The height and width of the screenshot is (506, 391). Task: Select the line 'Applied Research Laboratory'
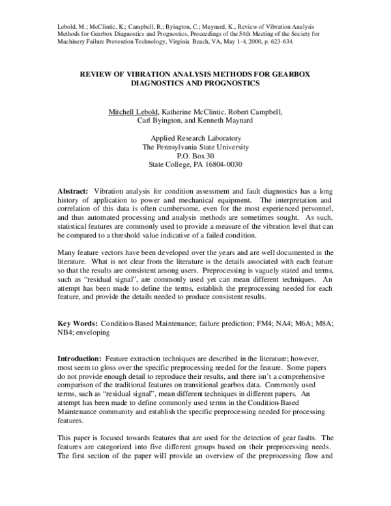(195, 138)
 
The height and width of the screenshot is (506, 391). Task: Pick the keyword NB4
(66, 333)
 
